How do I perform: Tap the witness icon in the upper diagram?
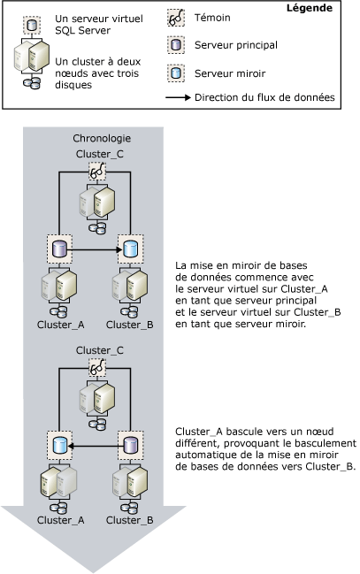(x=96, y=174)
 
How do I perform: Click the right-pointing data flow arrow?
(x=96, y=249)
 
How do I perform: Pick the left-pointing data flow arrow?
(x=96, y=444)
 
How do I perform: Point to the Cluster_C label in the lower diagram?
(x=96, y=349)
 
